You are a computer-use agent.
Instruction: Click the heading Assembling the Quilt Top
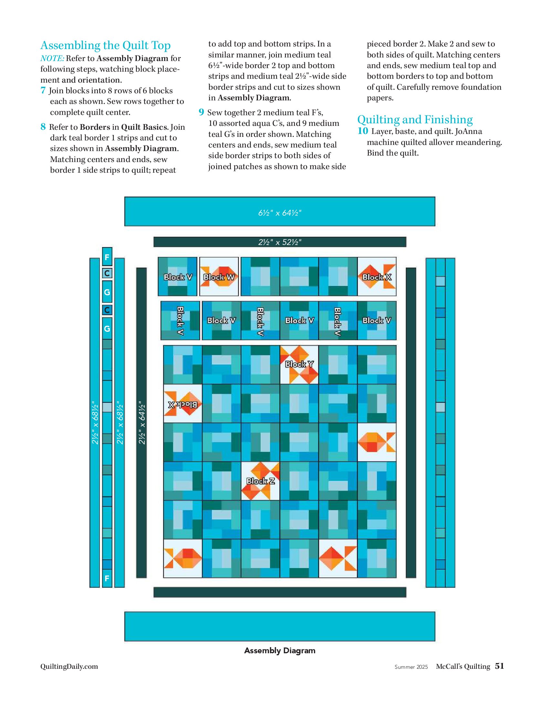(x=105, y=46)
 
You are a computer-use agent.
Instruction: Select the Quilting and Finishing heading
(x=415, y=120)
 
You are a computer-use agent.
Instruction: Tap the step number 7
(x=43, y=90)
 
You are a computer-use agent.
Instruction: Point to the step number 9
(x=201, y=112)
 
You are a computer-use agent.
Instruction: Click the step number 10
(x=363, y=131)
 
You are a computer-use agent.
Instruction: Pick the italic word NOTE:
(x=52, y=58)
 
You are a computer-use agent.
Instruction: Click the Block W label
(x=219, y=277)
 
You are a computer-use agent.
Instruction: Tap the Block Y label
(x=299, y=364)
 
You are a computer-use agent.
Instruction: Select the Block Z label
(x=260, y=481)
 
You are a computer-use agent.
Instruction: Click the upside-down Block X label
(x=183, y=404)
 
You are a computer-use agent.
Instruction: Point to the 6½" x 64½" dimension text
(x=280, y=213)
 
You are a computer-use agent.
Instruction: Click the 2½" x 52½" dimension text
(x=280, y=242)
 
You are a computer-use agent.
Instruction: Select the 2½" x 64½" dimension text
(x=142, y=423)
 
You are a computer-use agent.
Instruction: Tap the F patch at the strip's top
(x=107, y=257)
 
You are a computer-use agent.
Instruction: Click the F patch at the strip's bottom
(x=107, y=578)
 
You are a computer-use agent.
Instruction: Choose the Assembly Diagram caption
(x=280, y=651)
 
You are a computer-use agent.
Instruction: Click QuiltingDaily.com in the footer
(x=69, y=666)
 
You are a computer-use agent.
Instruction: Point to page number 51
(x=499, y=666)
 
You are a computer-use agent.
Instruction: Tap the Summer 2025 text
(x=411, y=667)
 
